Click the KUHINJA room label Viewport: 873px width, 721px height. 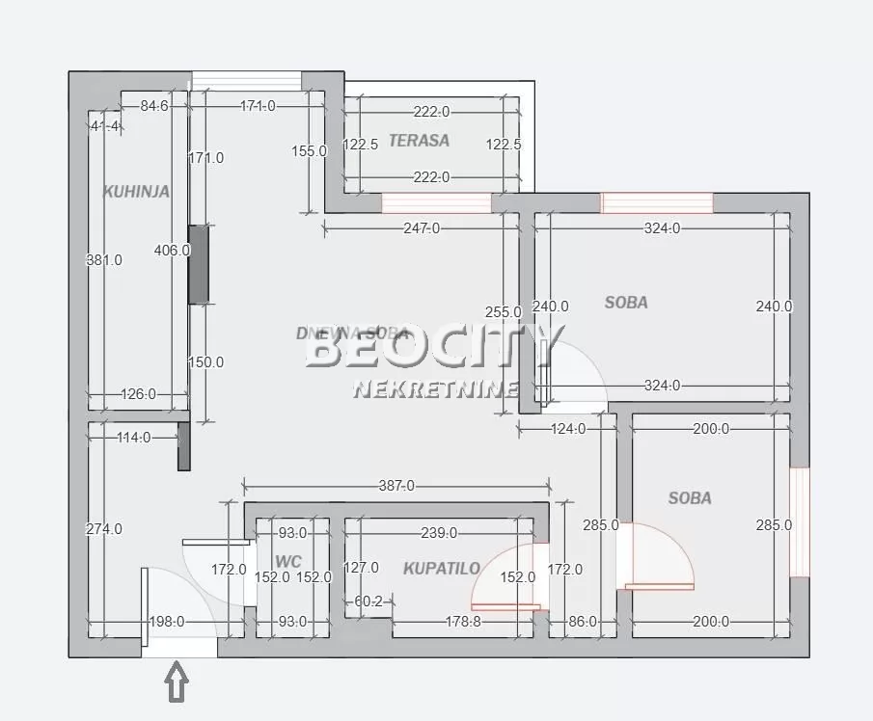point(136,192)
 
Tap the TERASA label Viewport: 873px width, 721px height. point(419,141)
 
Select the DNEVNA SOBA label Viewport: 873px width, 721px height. point(353,334)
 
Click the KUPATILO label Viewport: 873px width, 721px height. point(442,569)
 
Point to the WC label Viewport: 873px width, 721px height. point(288,561)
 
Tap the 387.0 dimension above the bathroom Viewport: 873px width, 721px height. point(396,487)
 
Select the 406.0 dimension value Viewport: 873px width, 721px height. point(173,251)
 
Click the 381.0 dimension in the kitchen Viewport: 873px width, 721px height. point(104,260)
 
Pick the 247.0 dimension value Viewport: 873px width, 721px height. point(422,228)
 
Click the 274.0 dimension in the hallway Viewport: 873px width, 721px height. point(104,529)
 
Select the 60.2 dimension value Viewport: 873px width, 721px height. point(368,602)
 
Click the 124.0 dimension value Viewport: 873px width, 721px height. point(568,430)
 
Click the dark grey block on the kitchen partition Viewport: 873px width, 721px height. point(198,264)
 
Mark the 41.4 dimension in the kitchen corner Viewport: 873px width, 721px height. point(104,126)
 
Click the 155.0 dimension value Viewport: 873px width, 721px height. point(310,150)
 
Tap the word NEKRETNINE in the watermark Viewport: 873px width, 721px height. point(436,389)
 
